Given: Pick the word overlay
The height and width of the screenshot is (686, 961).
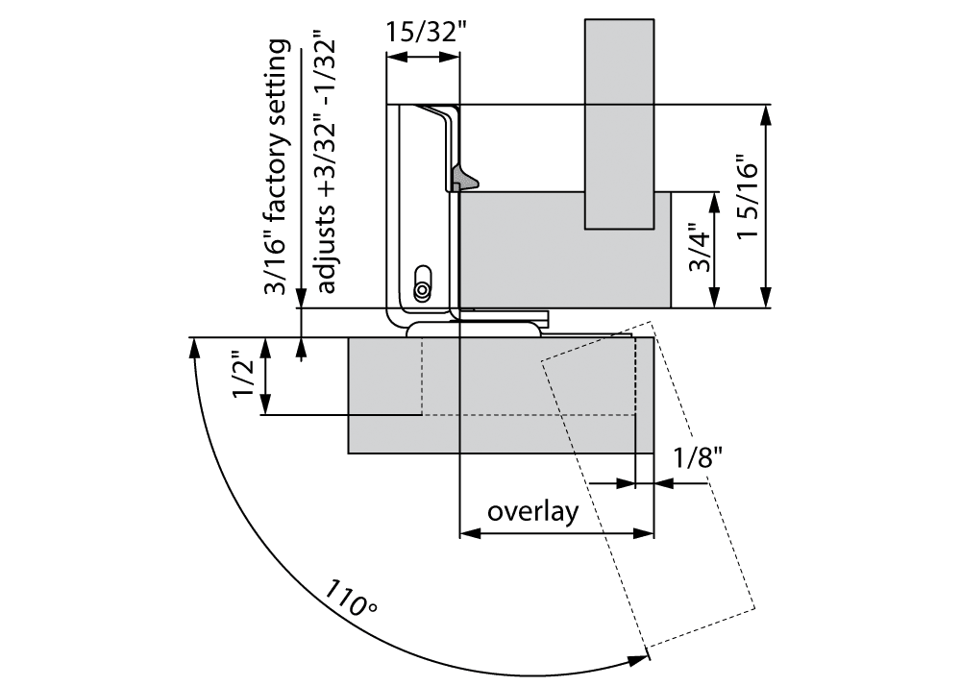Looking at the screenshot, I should coord(532,510).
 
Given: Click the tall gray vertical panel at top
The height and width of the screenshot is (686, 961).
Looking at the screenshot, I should coord(620,123).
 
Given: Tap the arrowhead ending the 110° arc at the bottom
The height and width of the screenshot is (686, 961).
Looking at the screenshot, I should coord(639,659).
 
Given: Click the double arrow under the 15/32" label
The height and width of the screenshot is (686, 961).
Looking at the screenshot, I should coord(423,58).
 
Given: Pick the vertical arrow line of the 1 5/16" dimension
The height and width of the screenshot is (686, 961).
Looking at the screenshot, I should coord(767,206).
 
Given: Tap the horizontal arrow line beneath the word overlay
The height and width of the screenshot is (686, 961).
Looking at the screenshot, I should coord(557,532).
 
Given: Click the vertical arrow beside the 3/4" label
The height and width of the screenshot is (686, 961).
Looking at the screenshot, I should coord(716,250).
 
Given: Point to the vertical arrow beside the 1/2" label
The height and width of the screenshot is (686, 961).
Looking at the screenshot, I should coord(266,377).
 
